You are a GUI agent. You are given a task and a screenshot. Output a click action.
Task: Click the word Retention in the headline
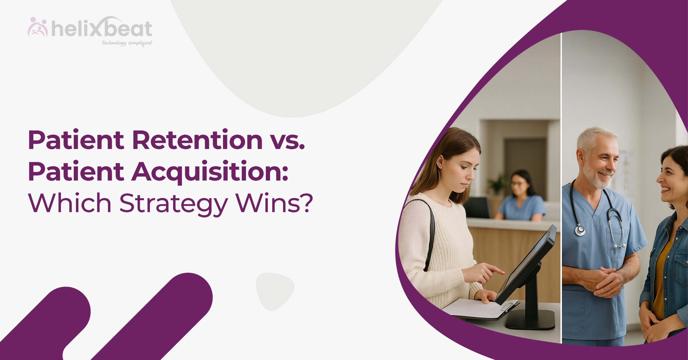point(197,139)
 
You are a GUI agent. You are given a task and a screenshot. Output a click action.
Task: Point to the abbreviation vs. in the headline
point(287,142)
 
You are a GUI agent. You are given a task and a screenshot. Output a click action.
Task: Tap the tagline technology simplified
point(127,43)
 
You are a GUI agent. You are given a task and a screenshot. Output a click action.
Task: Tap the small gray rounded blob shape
point(275,291)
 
